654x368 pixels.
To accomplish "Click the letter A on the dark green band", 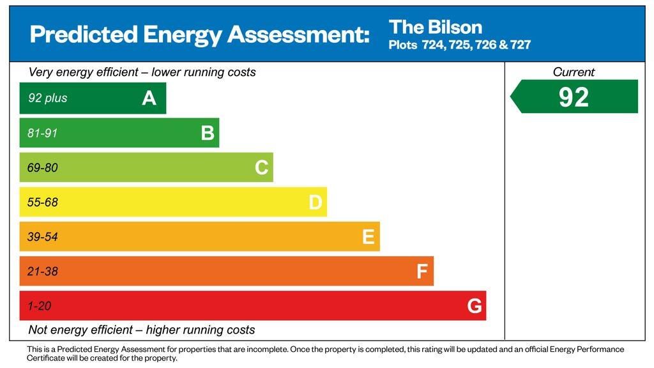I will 149,98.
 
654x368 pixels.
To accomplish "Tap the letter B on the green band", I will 207,133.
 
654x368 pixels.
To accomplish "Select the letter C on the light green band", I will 261,167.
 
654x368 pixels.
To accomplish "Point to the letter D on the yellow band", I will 316,203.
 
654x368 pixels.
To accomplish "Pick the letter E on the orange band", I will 368,237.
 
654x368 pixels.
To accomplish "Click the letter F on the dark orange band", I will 422,272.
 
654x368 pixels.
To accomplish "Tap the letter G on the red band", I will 475,307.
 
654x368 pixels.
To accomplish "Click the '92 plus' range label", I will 47,98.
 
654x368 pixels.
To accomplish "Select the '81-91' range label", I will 42,134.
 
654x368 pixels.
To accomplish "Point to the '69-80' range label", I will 42,168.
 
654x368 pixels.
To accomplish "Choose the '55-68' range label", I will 42,203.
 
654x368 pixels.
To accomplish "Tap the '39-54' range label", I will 42,237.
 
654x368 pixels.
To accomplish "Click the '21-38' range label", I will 42,272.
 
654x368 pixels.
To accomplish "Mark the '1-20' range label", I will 39,306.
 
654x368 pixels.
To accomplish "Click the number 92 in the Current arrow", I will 574,97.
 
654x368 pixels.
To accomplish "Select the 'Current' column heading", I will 574,72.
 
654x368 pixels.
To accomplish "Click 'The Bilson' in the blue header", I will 435,27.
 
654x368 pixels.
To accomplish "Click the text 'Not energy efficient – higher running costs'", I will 142,330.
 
